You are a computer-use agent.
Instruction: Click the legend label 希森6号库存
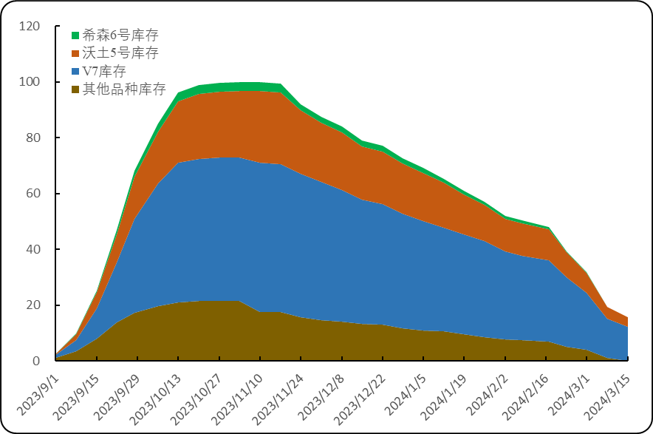120,35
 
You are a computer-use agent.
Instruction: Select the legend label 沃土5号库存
120,53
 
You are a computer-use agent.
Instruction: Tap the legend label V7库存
104,71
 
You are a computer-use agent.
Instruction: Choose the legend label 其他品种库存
124,89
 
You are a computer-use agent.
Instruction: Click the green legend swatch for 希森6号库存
75,35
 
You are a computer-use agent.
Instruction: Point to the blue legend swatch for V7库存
75,71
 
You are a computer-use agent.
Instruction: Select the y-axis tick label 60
33,193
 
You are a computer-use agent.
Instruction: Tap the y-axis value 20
33,305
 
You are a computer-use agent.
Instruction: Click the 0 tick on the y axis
36,361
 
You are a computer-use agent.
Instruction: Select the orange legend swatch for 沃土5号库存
75,53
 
